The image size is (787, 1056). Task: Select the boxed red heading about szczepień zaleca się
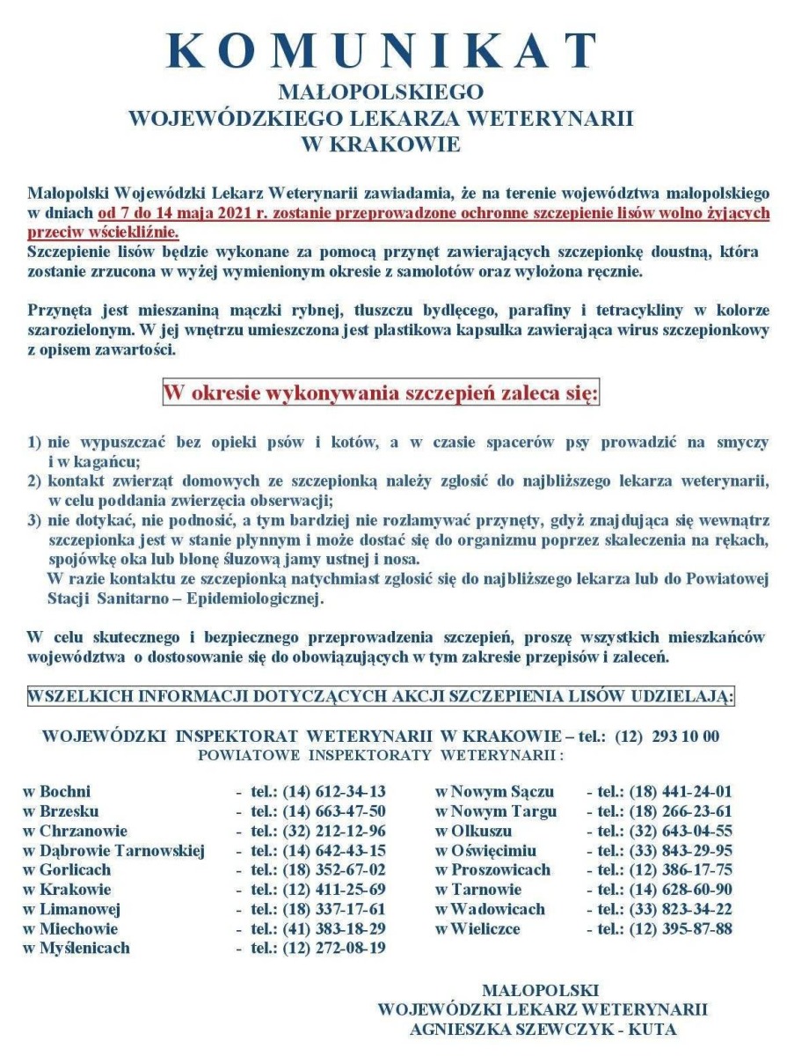point(381,392)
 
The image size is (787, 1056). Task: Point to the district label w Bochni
point(58,791)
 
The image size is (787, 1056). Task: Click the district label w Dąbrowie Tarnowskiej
point(113,850)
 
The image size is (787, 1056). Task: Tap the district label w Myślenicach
point(77,948)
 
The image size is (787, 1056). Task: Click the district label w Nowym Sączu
point(495,791)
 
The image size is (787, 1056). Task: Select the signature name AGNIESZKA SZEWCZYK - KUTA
point(543,1027)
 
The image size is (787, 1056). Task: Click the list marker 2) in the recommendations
point(34,481)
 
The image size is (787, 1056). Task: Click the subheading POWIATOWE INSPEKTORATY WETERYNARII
point(381,755)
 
